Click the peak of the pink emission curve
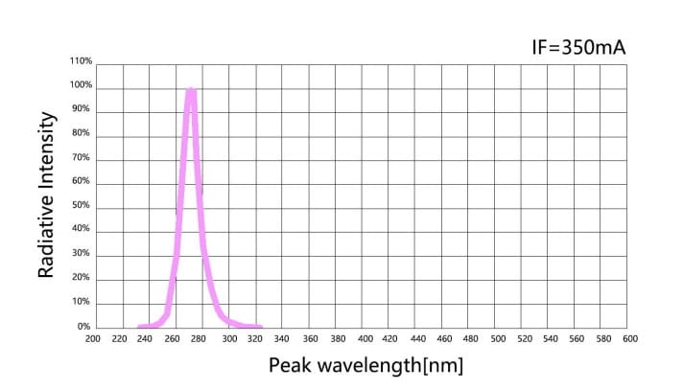[x=191, y=91]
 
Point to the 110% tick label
[x=81, y=61]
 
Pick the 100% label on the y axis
[x=81, y=85]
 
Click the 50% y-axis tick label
[x=82, y=206]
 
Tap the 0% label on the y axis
[x=84, y=327]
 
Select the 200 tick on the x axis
[x=92, y=338]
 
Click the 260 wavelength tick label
[x=173, y=338]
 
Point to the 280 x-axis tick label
[x=200, y=338]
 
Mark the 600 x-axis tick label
[x=630, y=338]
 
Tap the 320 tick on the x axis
[x=253, y=338]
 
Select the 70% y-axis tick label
[x=82, y=157]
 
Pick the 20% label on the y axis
[x=82, y=278]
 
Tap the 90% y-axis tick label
[x=82, y=109]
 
